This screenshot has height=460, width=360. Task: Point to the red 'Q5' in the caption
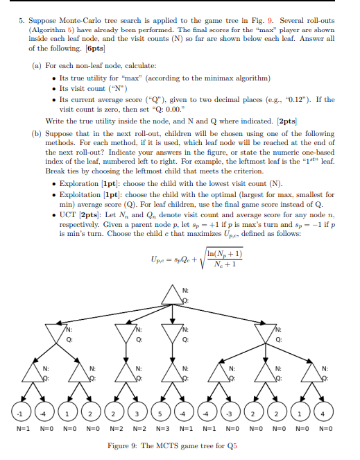point(230,446)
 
